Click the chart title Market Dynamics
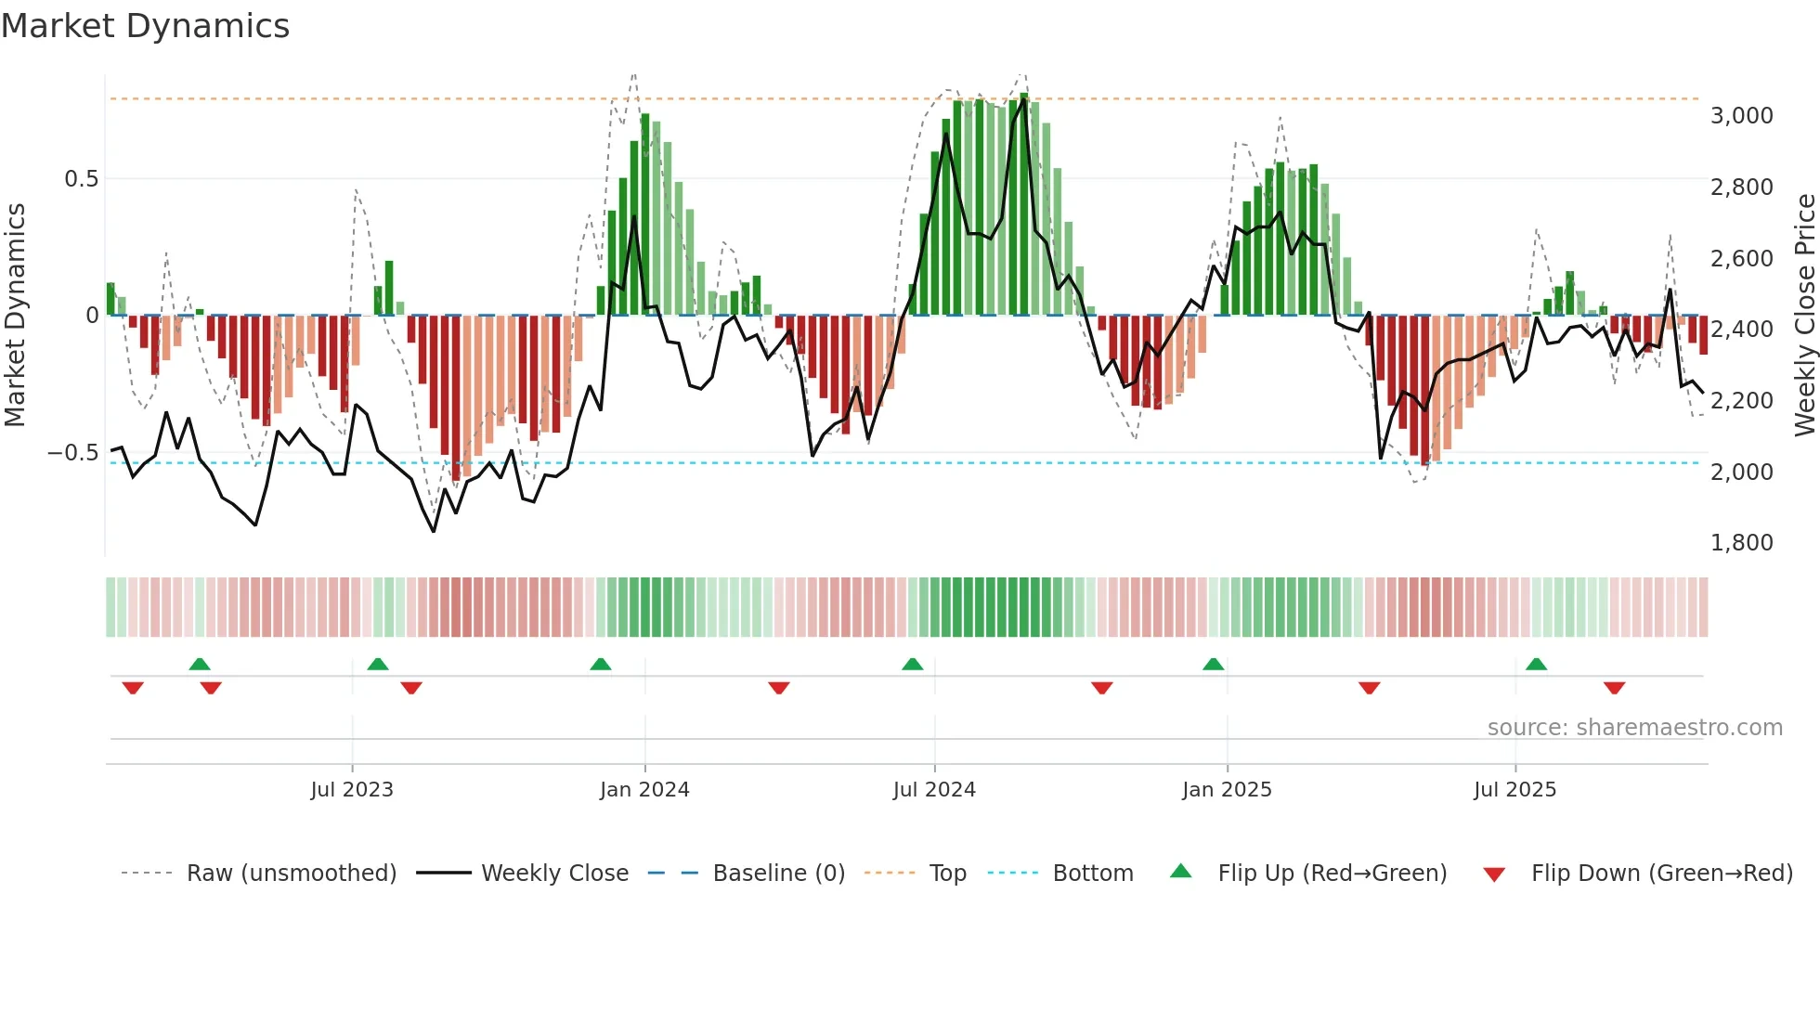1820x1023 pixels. tap(145, 26)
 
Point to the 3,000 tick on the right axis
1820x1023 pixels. tap(1741, 116)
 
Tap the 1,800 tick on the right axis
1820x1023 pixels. tap(1741, 543)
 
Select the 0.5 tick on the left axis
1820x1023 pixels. tap(81, 179)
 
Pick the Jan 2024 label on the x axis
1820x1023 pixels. tap(644, 790)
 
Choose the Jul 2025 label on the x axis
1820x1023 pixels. tap(1514, 790)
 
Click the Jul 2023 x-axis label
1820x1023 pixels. tap(352, 790)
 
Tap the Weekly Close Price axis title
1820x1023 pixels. tap(1804, 316)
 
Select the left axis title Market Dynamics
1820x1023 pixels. tap(15, 316)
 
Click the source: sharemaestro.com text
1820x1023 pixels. tap(1634, 728)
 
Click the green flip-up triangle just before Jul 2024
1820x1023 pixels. tap(913, 665)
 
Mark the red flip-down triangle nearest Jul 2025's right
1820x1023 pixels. tap(1614, 688)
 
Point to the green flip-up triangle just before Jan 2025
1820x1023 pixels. tap(1213, 665)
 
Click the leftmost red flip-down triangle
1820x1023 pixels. tap(133, 688)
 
